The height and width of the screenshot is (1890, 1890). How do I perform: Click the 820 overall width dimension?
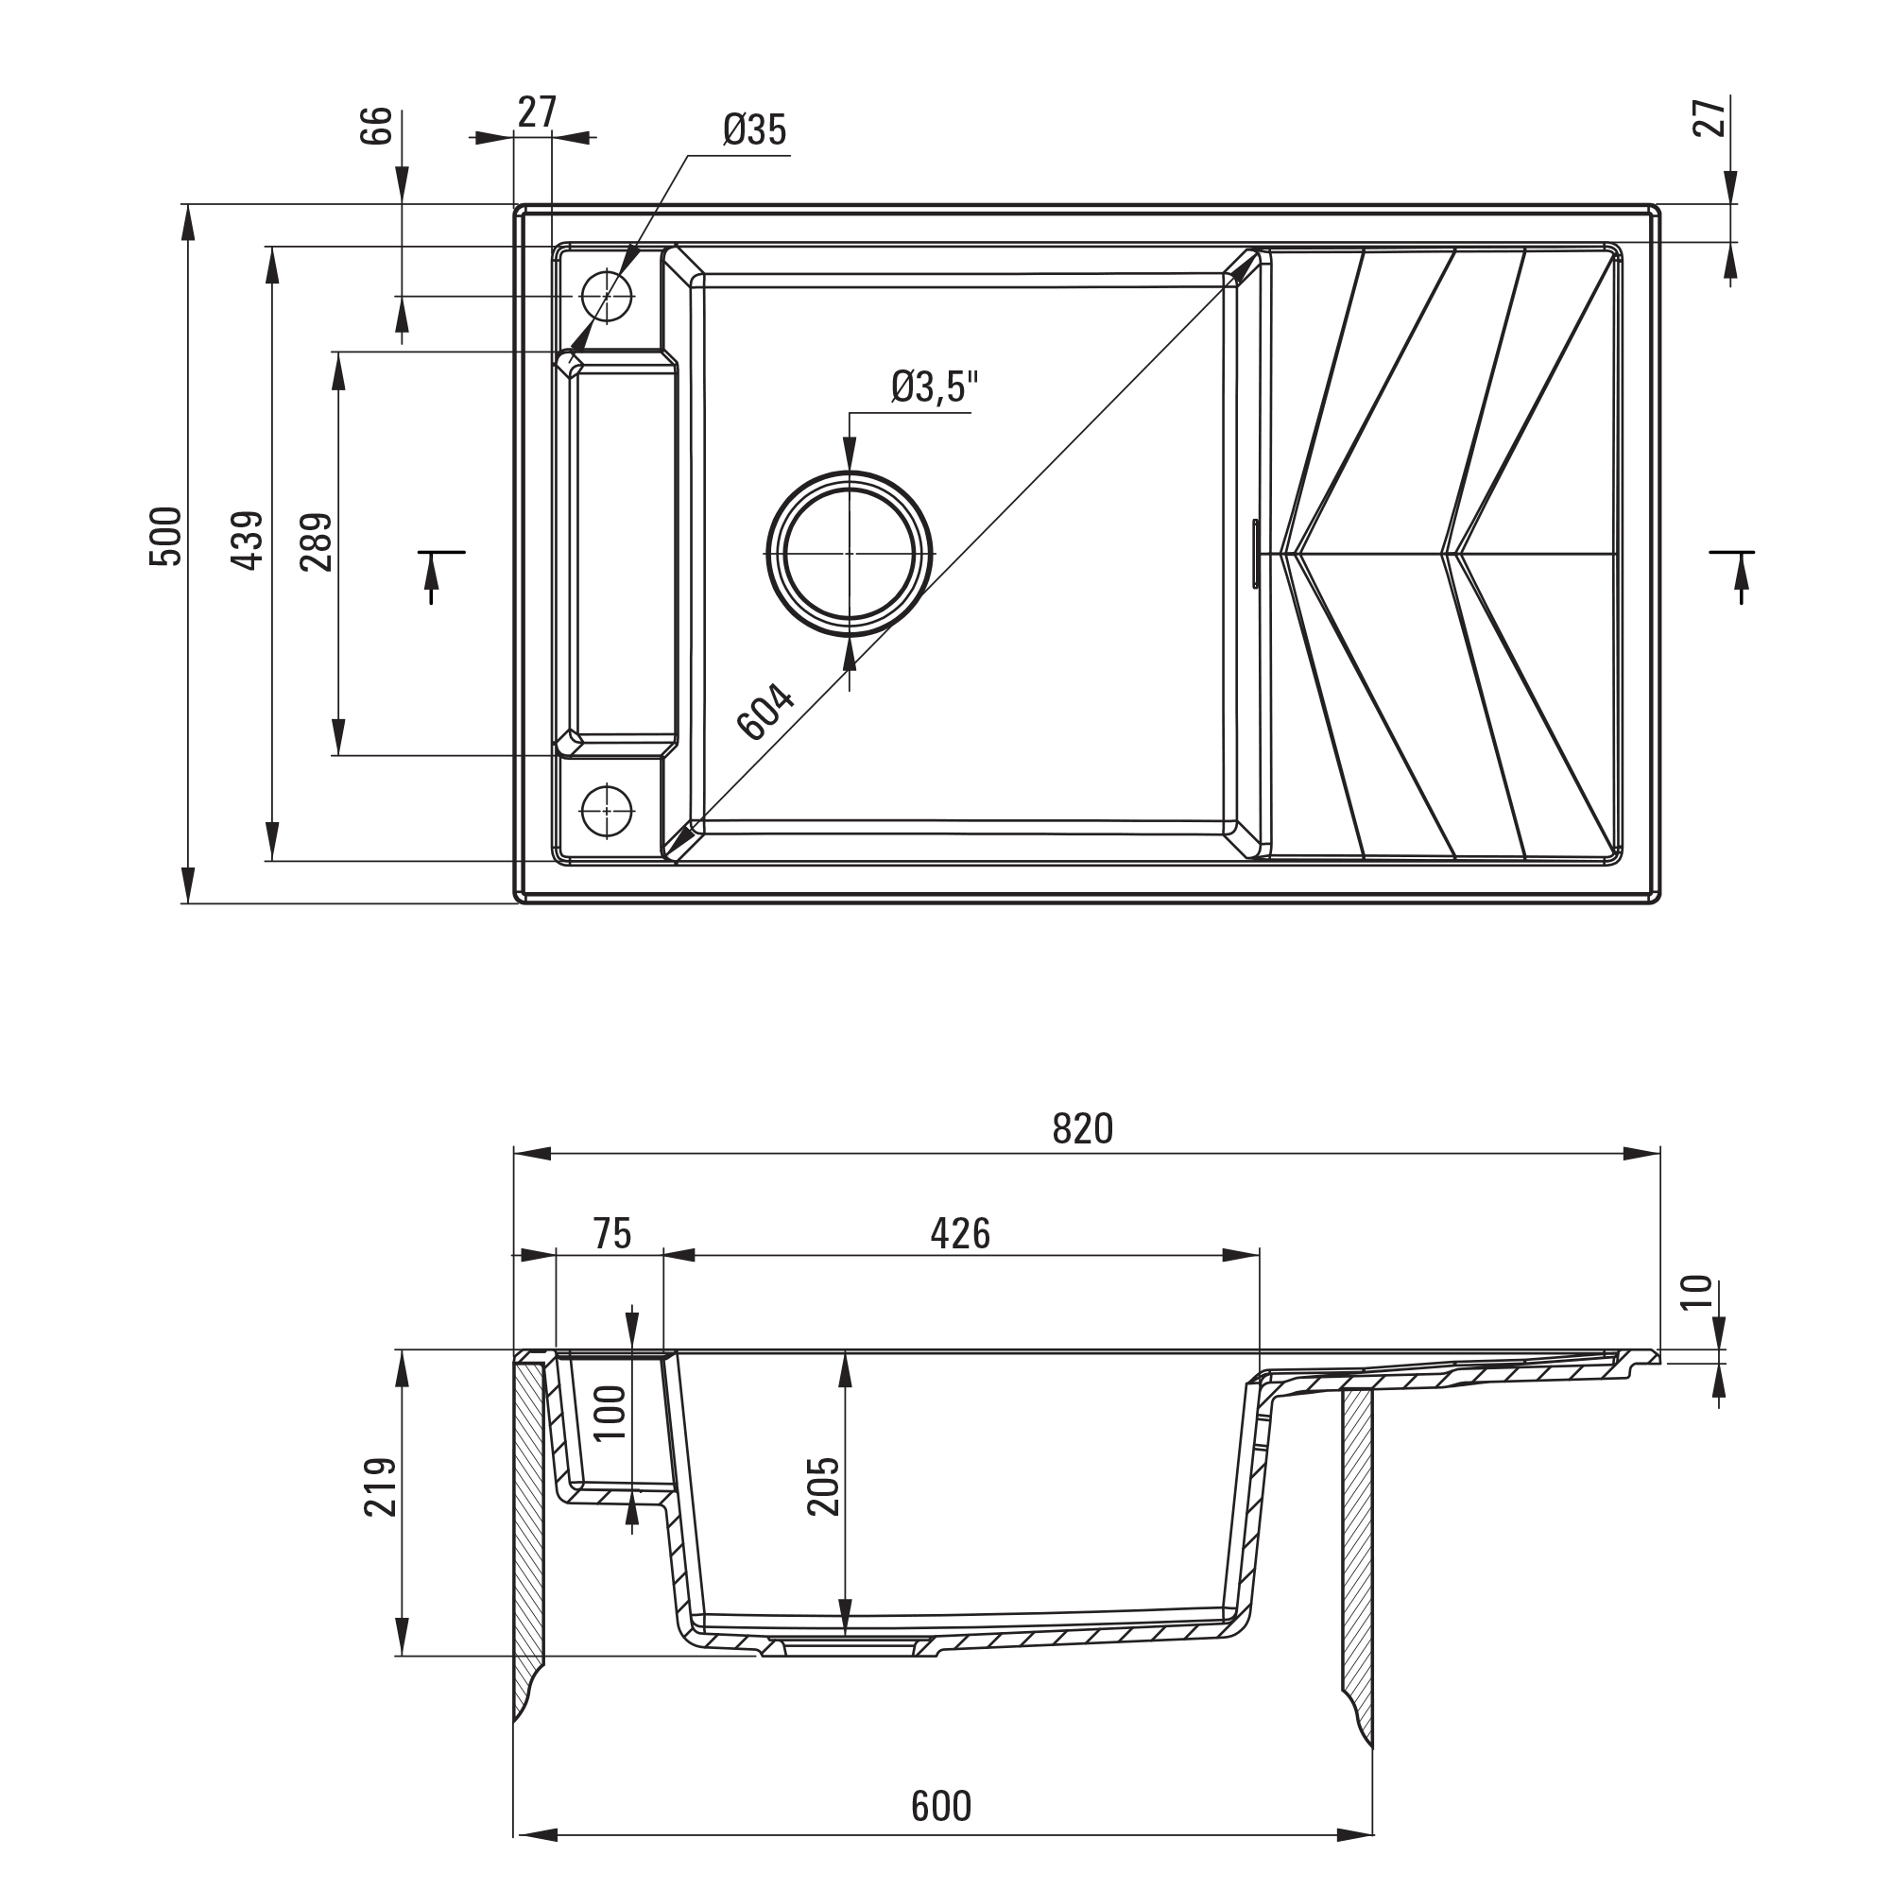1083,1130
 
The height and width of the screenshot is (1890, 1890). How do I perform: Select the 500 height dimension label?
165,536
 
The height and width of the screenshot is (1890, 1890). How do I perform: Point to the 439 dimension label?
248,541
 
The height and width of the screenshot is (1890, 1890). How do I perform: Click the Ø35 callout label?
754,129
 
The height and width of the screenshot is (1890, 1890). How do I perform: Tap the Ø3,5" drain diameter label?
936,387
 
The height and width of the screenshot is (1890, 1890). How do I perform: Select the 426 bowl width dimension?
961,1233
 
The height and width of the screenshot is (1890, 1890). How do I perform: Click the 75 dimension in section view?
611,1233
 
